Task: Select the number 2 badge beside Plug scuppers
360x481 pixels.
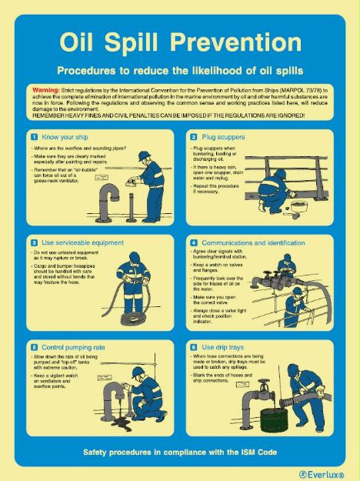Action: pos(193,136)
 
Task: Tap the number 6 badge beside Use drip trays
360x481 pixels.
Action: pos(193,347)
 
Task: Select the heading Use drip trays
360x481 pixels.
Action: pos(224,347)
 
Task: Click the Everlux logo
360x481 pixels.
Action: pos(316,473)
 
